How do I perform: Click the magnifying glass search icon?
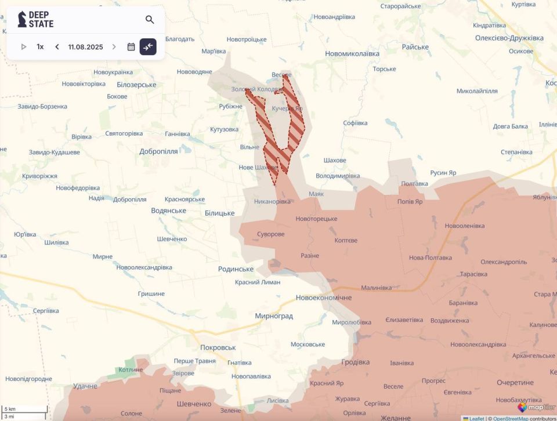click(150, 20)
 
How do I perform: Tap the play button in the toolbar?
click(24, 47)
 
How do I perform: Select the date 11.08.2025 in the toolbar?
click(85, 47)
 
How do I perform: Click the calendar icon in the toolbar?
click(131, 47)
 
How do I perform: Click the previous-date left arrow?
click(57, 47)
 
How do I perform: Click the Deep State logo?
click(36, 20)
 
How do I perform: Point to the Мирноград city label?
click(274, 316)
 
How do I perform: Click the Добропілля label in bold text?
click(158, 151)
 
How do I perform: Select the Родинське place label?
click(236, 269)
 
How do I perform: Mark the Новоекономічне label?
click(323, 297)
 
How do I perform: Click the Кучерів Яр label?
click(288, 108)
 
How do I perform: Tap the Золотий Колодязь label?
click(256, 89)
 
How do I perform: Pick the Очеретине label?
click(515, 383)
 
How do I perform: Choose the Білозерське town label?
click(136, 85)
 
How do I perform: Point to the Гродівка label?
click(356, 362)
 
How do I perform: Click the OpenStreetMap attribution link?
click(511, 418)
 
